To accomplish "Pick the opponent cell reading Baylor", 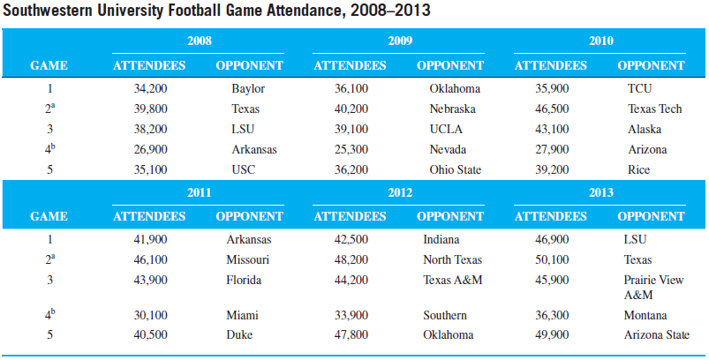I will point(248,89).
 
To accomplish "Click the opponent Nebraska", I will point(452,109).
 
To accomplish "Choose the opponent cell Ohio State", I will point(455,170).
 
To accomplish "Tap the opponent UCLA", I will point(446,130).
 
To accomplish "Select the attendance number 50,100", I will point(552,260).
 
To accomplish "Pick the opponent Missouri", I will point(248,260).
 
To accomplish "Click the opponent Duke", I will point(240,335).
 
